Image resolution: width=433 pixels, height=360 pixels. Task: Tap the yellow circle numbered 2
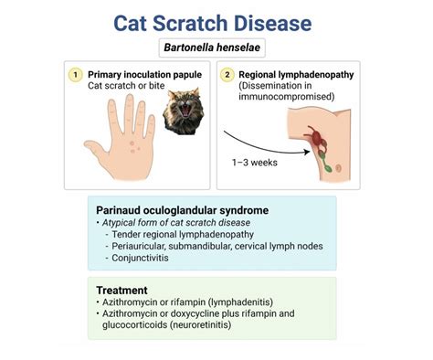(228, 74)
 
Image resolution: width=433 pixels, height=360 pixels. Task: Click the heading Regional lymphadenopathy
(298, 74)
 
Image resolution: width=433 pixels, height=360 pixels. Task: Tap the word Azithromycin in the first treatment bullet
(132, 302)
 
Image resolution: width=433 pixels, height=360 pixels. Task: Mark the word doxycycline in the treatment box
(206, 313)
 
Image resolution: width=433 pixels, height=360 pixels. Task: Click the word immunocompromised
(298, 98)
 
